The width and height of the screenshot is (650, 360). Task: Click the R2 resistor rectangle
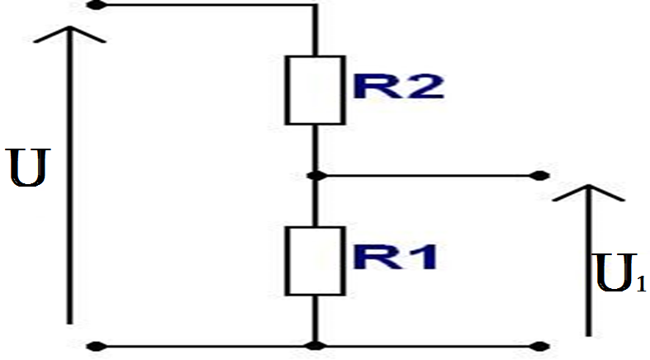click(315, 90)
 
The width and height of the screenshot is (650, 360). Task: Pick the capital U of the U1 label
click(612, 274)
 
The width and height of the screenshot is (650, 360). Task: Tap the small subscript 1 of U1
click(640, 285)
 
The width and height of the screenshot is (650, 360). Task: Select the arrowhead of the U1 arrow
click(587, 192)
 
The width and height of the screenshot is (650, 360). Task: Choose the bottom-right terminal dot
click(541, 345)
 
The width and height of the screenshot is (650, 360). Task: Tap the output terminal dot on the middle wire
click(541, 175)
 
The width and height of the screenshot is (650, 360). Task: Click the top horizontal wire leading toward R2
click(206, 5)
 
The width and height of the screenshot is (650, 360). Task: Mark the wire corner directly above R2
click(315, 6)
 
